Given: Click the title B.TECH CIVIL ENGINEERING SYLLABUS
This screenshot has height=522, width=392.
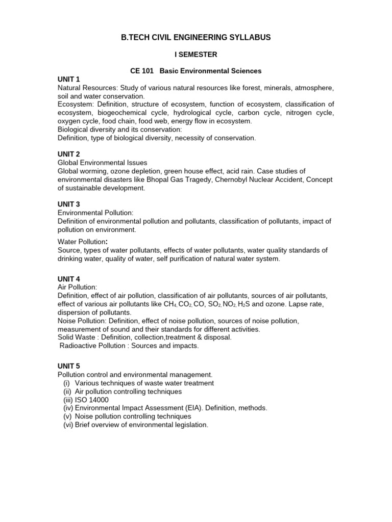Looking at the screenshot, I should coord(195,37).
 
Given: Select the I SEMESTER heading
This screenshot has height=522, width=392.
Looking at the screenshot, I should coord(195,54).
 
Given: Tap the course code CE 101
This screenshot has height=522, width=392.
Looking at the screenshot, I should coord(138,71).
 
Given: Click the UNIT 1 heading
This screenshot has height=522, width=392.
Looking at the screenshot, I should coord(69,79).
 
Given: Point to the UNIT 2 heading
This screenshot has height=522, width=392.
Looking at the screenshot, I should coord(69,154).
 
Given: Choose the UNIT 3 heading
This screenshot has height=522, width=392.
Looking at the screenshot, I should coord(69,204).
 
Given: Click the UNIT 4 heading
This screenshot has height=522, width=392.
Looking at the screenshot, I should coord(69,279).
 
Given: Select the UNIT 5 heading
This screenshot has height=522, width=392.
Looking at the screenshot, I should coord(69,366).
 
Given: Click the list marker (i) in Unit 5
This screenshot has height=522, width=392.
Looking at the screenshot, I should coord(66,383).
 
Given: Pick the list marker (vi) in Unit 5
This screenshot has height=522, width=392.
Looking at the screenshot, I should coord(68,425).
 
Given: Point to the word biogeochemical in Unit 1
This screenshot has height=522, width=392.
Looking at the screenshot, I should coord(132,113).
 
